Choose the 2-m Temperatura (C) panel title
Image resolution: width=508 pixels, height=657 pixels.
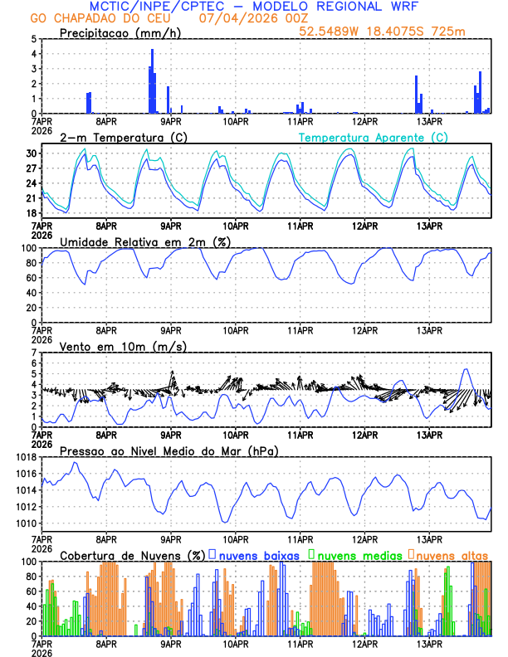[118, 137]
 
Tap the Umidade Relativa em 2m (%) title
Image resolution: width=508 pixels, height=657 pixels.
[145, 241]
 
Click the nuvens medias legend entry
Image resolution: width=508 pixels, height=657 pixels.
[357, 554]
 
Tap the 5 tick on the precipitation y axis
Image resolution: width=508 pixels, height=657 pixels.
[33, 39]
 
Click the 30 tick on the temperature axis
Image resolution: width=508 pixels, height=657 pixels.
[32, 153]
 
